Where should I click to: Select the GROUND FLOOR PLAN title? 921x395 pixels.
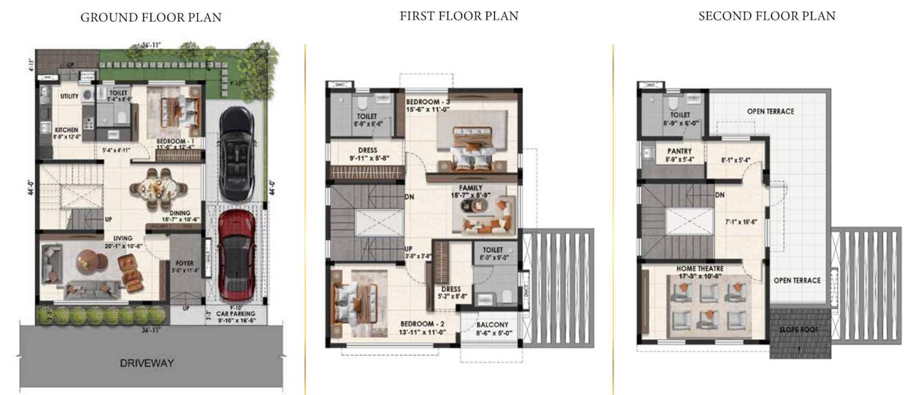(x=151, y=17)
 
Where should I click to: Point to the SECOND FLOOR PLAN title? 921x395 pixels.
(x=767, y=16)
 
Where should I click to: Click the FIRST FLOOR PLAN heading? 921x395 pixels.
(x=458, y=16)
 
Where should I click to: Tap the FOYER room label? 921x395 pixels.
(x=184, y=263)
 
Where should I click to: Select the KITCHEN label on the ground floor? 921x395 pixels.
(x=66, y=130)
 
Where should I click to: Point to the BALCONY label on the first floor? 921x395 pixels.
(x=492, y=325)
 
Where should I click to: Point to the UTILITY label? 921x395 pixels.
(x=69, y=97)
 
